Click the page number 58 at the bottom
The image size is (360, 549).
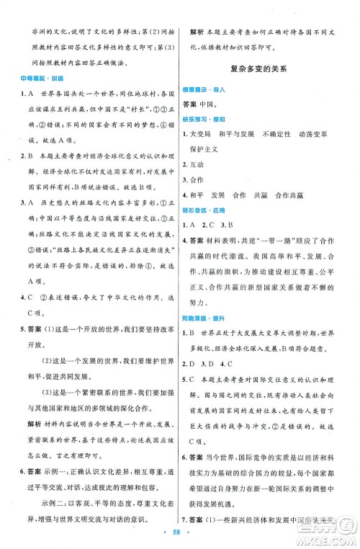click(179, 531)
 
